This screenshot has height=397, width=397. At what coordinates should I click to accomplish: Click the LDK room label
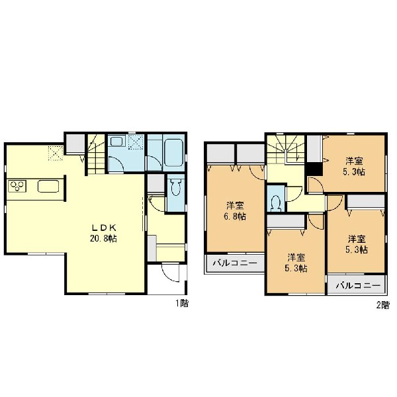tap(104, 228)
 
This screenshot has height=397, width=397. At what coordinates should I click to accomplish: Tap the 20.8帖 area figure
tap(104, 238)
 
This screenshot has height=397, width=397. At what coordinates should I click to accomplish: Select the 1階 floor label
tap(183, 303)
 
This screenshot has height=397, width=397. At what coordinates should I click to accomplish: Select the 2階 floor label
tap(382, 305)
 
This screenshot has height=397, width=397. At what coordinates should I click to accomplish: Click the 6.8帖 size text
tap(235, 217)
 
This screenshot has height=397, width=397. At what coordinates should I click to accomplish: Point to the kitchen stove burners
tap(17, 186)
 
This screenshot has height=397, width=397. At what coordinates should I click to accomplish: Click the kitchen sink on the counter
tap(48, 186)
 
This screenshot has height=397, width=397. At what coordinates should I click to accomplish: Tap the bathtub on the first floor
tap(173, 153)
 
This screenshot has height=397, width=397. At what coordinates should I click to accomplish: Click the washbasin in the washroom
tap(116, 142)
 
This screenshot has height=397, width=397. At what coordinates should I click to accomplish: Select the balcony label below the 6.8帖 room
tap(235, 263)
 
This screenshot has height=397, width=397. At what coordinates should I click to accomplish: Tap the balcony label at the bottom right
tap(358, 286)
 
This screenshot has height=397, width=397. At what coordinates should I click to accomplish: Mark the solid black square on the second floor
tap(314, 169)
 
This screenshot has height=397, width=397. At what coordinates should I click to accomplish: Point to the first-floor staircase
tap(96, 154)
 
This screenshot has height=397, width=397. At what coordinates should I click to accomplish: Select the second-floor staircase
tap(286, 150)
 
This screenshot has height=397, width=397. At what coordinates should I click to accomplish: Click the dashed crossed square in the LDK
tap(56, 153)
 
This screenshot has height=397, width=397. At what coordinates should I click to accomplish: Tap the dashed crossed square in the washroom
tap(136, 142)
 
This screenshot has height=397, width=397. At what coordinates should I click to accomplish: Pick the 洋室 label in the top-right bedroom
tap(354, 161)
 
